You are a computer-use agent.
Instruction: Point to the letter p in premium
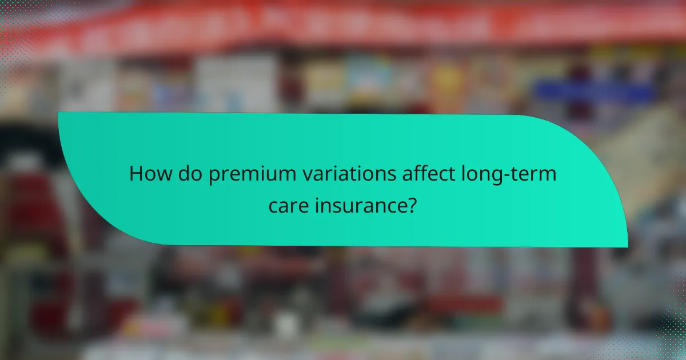coord(214,176)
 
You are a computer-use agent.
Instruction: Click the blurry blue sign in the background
coord(594,92)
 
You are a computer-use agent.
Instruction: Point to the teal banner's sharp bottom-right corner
coord(627,246)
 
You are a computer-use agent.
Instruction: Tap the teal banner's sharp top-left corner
coord(58,113)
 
